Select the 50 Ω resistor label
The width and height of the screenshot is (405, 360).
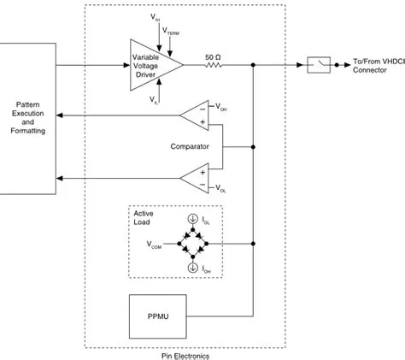214,56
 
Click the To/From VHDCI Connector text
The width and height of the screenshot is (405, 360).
376,65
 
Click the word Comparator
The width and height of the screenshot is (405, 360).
190,146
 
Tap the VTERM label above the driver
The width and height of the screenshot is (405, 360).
172,32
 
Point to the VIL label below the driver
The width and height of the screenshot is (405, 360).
154,100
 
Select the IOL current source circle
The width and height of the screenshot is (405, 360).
193,219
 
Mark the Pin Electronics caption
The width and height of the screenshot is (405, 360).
185,355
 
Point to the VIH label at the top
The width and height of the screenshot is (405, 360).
154,17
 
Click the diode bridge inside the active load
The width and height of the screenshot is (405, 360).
193,243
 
